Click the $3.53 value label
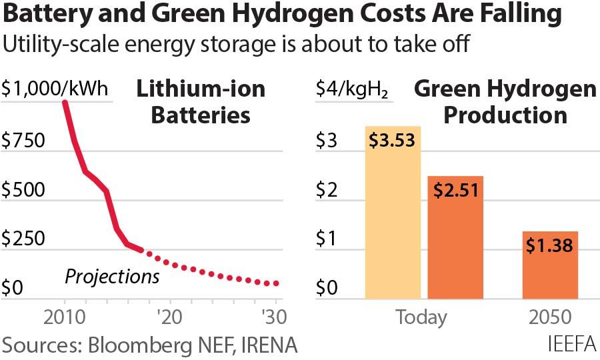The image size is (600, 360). click(393, 140)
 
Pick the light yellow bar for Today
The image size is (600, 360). click(393, 220)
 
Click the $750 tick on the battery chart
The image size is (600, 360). click(23, 141)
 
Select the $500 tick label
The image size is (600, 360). click(23, 190)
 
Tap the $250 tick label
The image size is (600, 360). click(23, 239)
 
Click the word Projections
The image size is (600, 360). click(112, 275)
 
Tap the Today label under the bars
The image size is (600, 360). click(421, 317)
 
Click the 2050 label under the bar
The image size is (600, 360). click(549, 317)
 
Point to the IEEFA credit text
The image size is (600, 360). click(573, 345)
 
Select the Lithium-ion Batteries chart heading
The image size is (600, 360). click(201, 102)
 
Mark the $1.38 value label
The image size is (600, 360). click(549, 245)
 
